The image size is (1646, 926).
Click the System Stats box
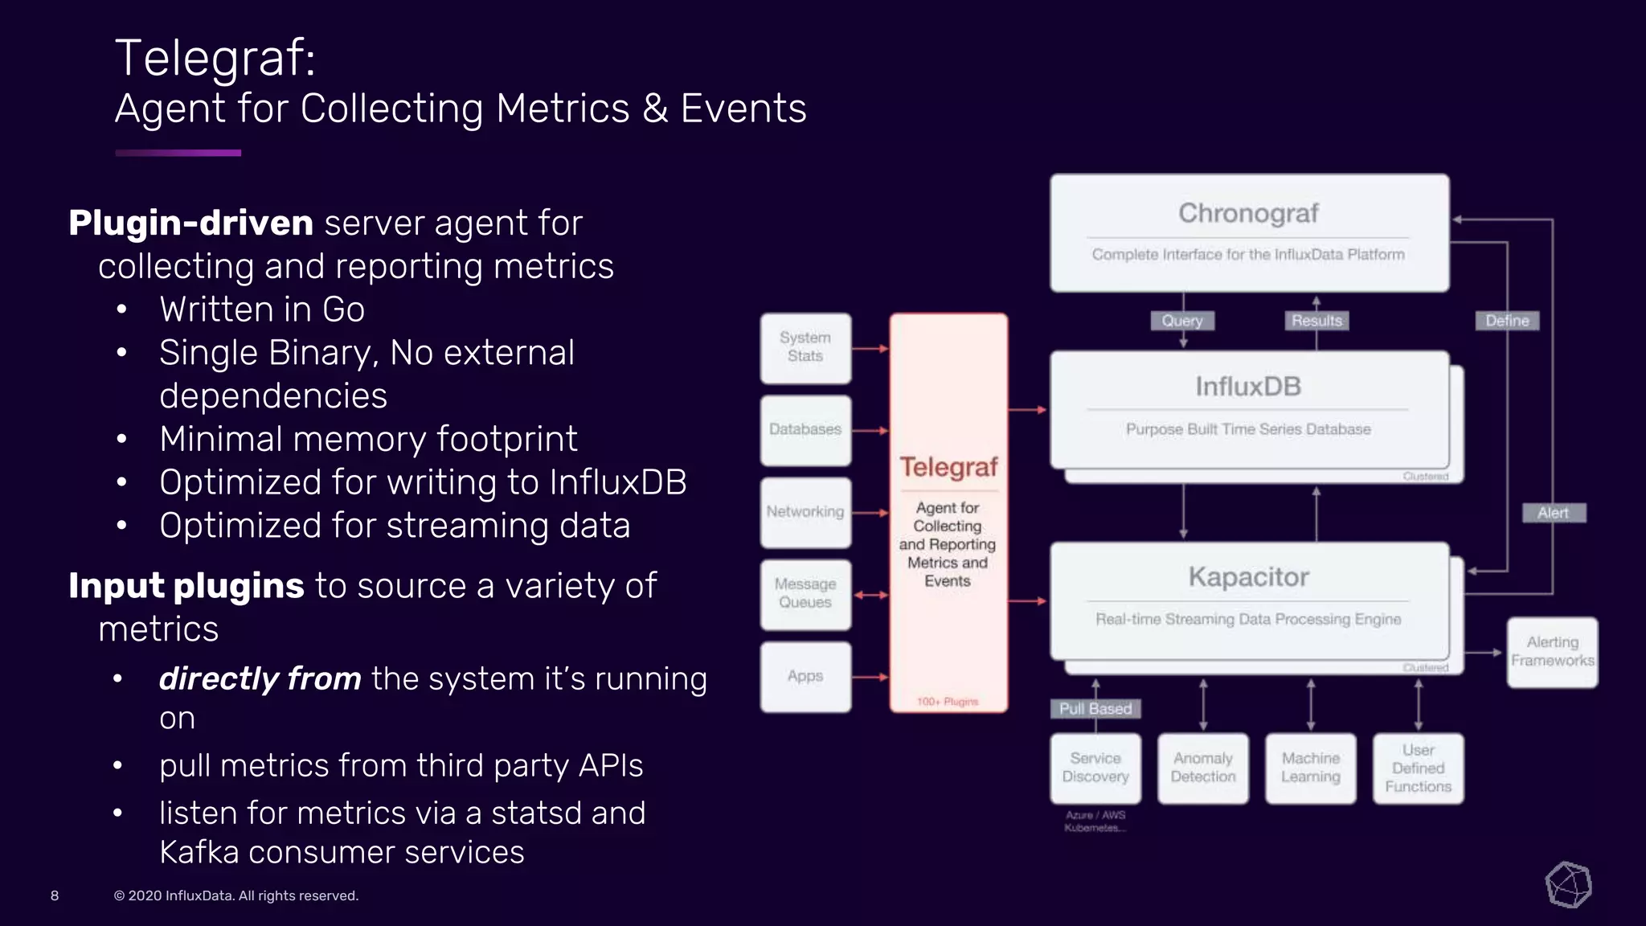(x=805, y=347)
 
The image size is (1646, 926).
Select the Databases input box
(x=805, y=430)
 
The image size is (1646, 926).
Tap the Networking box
(x=805, y=512)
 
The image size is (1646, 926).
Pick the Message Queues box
(x=805, y=594)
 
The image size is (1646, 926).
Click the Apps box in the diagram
(x=805, y=676)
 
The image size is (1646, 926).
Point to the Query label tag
(x=1182, y=321)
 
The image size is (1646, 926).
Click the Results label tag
(x=1316, y=321)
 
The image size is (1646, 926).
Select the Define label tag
(x=1507, y=321)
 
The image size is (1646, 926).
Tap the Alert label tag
(x=1553, y=513)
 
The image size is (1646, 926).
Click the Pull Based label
(x=1095, y=708)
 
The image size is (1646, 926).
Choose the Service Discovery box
(x=1095, y=768)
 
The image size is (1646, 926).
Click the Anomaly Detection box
(x=1203, y=768)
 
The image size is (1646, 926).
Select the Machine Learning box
(x=1311, y=768)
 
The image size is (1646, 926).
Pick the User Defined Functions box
(x=1419, y=768)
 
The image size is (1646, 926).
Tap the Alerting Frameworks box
(x=1552, y=652)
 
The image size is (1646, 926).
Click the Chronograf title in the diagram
(x=1248, y=213)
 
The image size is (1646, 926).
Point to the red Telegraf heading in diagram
(x=948, y=467)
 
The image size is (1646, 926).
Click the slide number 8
(x=55, y=895)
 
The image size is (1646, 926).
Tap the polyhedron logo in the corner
(x=1568, y=885)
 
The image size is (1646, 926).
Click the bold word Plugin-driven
(x=190, y=223)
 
